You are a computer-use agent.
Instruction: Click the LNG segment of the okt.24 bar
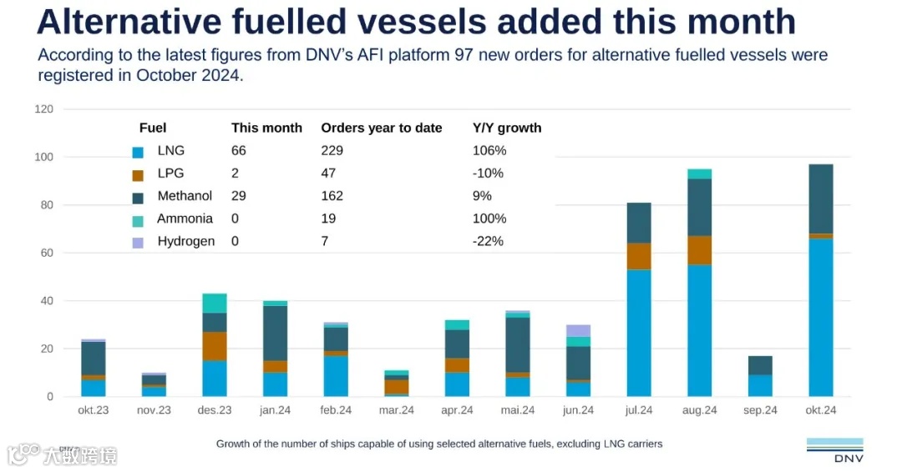click(x=821, y=317)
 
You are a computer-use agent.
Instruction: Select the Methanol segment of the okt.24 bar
click(x=821, y=198)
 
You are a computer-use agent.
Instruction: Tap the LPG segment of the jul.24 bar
click(x=639, y=256)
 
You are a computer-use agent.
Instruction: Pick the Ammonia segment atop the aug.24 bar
click(x=700, y=173)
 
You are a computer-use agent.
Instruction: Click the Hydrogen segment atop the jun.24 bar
click(x=578, y=330)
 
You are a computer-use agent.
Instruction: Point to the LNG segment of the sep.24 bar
click(x=760, y=385)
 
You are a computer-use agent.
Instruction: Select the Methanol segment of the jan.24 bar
click(x=275, y=333)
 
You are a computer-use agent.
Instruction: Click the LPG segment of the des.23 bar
click(x=215, y=346)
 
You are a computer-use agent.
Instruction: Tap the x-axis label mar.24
click(x=396, y=410)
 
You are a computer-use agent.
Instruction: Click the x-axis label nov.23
click(x=154, y=410)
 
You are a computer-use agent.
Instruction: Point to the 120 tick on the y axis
click(x=44, y=109)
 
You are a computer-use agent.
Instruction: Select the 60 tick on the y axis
click(x=48, y=253)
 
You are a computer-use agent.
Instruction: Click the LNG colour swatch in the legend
click(x=138, y=153)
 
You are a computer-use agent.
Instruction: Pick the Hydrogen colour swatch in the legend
click(x=138, y=243)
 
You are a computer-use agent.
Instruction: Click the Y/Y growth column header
click(x=507, y=128)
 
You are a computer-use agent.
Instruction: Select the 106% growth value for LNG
click(x=489, y=151)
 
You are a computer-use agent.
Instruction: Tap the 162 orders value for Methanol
click(x=332, y=196)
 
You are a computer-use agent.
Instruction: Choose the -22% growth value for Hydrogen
click(x=488, y=241)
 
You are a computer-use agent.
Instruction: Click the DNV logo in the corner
click(x=834, y=449)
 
